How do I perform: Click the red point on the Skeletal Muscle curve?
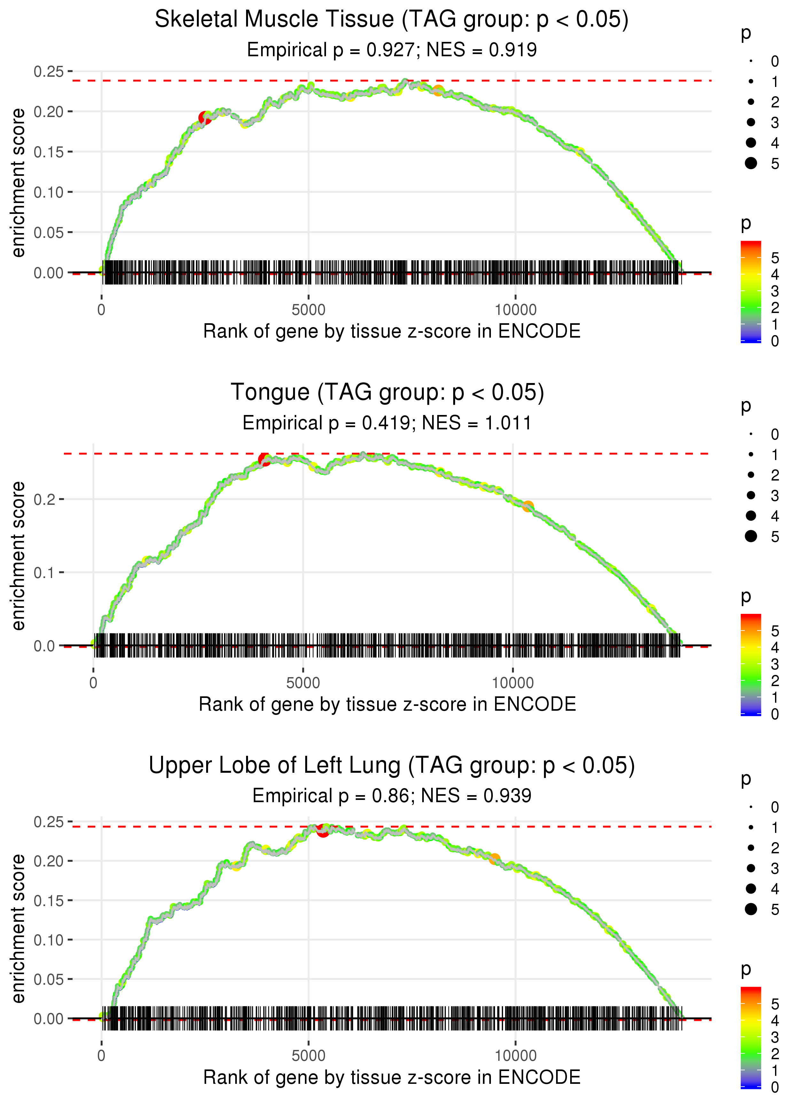click(x=205, y=118)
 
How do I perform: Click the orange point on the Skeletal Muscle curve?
click(x=438, y=90)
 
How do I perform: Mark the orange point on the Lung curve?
click(x=494, y=859)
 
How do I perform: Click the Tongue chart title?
click(x=387, y=393)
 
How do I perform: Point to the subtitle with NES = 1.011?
click(x=387, y=423)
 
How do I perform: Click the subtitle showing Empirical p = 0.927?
click(x=392, y=50)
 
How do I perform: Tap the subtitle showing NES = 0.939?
click(x=392, y=796)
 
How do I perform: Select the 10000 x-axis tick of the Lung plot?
click(x=516, y=1055)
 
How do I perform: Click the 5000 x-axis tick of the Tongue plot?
click(x=303, y=683)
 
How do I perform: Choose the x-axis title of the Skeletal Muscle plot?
click(x=392, y=331)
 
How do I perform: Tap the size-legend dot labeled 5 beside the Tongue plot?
click(x=751, y=536)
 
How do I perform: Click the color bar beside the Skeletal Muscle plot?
click(x=751, y=291)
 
